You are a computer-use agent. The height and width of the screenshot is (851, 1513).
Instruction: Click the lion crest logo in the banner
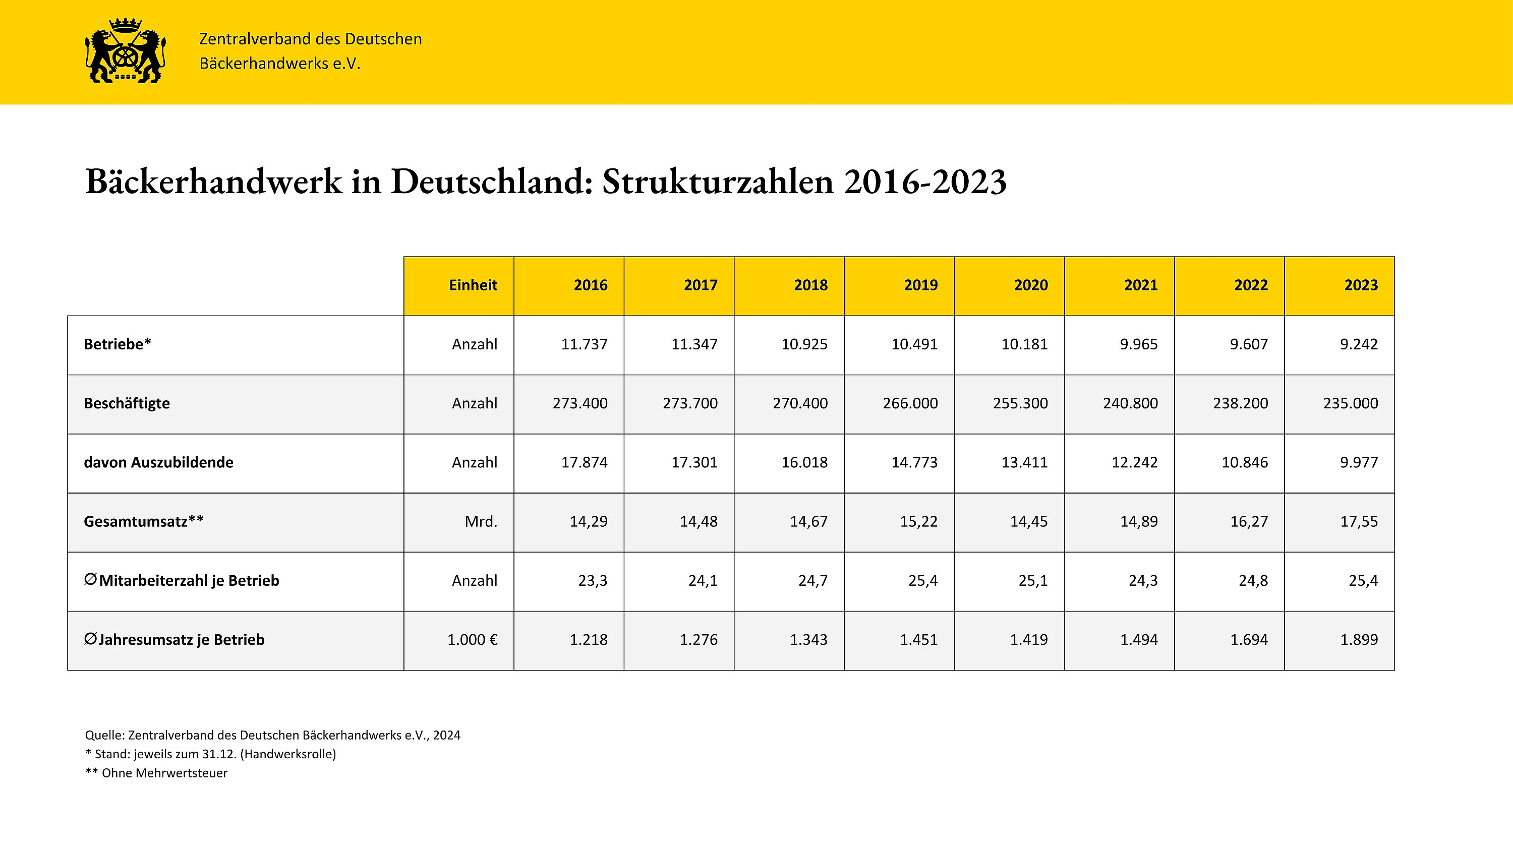[x=126, y=50]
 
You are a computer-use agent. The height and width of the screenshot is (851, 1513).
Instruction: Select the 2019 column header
[x=920, y=285]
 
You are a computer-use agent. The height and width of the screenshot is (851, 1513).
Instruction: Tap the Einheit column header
[x=473, y=285]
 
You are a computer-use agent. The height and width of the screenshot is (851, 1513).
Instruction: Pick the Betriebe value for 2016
[x=584, y=344]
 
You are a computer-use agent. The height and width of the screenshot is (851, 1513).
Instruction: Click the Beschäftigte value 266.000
[x=910, y=403]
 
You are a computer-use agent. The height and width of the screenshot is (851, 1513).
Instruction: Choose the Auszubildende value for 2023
[x=1359, y=462]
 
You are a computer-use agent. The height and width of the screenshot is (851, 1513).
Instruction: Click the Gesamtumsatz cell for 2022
[x=1249, y=521]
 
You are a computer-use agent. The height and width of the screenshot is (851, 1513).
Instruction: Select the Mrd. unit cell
[x=481, y=521]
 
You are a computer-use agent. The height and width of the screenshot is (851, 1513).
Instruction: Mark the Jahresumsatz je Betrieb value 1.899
[x=1359, y=640]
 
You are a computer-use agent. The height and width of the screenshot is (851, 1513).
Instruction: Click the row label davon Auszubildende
[x=158, y=463]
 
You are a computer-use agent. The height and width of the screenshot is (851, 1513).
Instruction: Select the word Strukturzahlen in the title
[x=718, y=181]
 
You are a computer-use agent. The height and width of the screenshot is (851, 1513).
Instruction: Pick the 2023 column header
[x=1361, y=285]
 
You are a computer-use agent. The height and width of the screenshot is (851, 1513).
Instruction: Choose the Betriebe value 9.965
[x=1138, y=344]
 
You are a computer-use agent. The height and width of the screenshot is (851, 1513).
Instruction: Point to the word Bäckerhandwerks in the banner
[x=264, y=64]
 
